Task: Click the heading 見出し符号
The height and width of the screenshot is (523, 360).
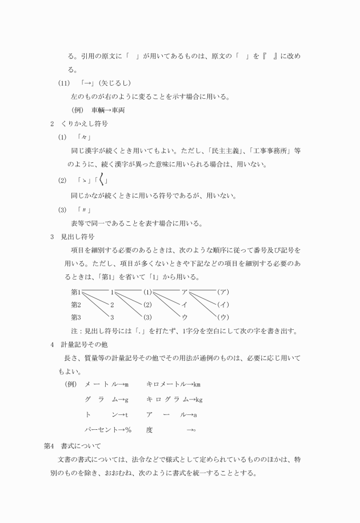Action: point(78,236)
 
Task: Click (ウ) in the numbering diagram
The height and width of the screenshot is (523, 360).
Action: point(223,317)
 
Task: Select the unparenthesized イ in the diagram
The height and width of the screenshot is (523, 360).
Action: point(185,304)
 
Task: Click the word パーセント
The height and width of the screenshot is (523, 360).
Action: point(102,429)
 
